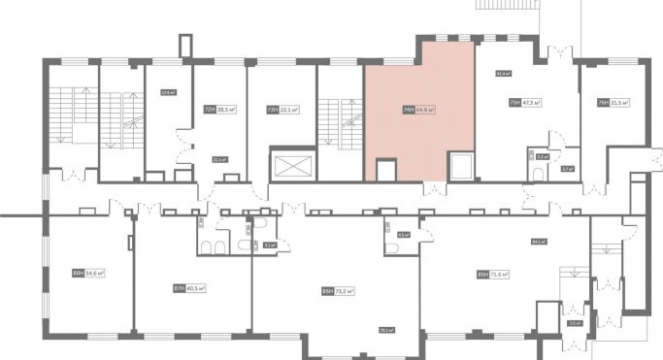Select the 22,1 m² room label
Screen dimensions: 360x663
[284, 110]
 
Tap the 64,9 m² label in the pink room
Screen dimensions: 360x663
[418, 110]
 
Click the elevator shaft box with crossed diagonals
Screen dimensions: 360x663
[295, 164]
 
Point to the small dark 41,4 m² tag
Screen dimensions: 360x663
[503, 73]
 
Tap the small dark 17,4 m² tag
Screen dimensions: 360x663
[167, 93]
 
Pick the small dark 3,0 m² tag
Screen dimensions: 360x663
[574, 323]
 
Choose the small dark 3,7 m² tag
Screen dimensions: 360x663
[567, 168]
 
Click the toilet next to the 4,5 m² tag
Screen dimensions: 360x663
[391, 248]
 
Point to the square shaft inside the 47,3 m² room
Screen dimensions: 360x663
[460, 166]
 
